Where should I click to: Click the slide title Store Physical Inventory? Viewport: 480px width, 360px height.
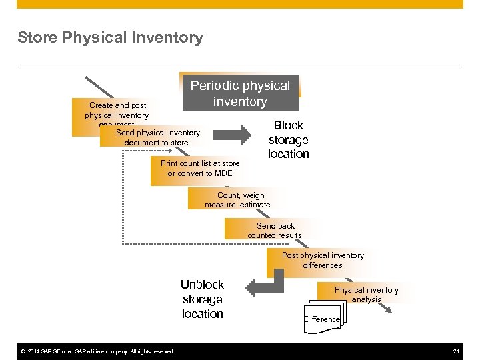click(x=110, y=38)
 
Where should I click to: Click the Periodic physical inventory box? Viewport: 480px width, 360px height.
click(x=240, y=93)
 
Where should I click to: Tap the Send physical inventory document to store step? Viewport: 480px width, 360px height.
click(x=157, y=137)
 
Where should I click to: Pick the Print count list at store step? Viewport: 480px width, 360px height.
click(x=199, y=168)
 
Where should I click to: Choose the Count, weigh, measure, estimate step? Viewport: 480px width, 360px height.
click(x=237, y=200)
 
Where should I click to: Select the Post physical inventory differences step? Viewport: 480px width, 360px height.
click(x=323, y=260)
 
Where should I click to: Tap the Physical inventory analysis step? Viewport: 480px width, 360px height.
click(x=366, y=294)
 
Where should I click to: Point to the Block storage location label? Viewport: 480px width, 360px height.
click(x=288, y=139)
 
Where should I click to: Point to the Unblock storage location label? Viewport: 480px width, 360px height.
click(x=202, y=299)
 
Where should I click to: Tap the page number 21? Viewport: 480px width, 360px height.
click(x=456, y=351)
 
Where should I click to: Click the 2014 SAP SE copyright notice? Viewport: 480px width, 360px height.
click(x=97, y=351)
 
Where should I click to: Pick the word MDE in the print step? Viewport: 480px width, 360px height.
click(x=223, y=173)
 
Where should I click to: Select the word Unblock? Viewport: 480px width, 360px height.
click(x=202, y=285)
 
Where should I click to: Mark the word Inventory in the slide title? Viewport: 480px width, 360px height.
click(x=171, y=38)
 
